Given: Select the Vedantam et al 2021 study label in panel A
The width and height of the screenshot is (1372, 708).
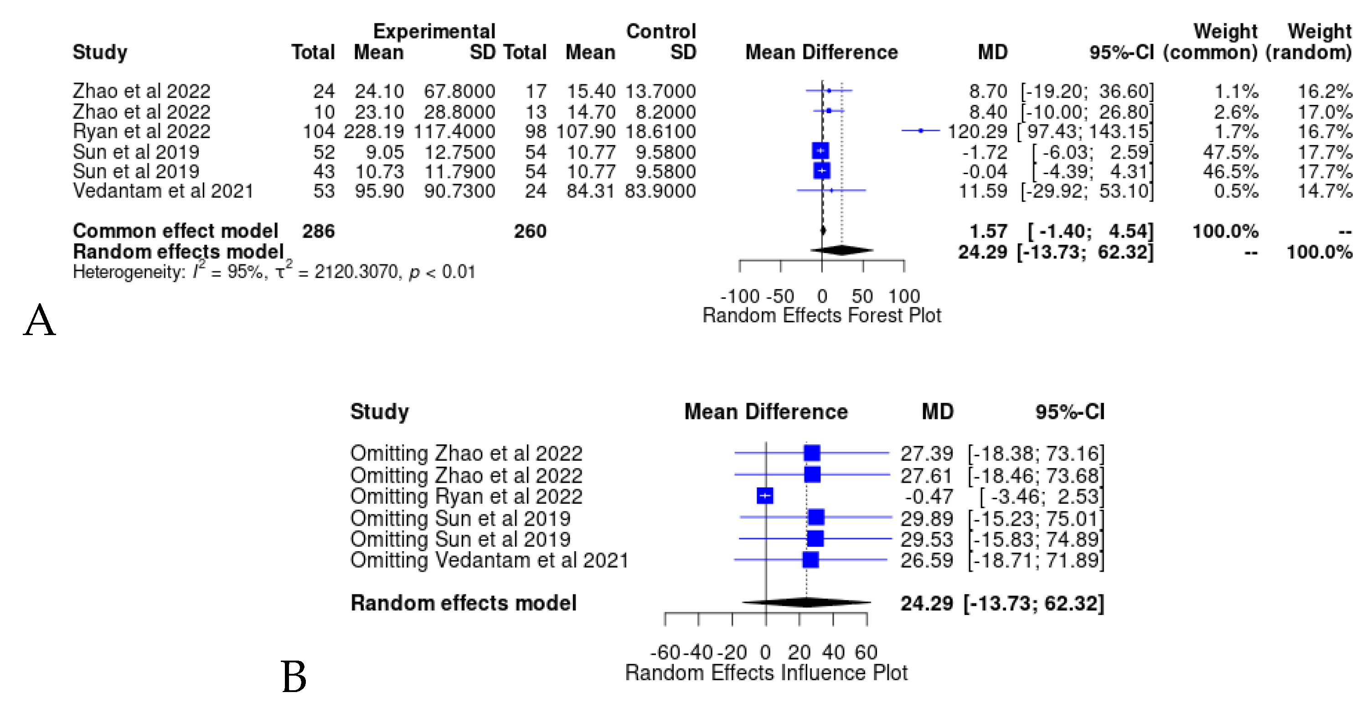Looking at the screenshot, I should click(162, 191).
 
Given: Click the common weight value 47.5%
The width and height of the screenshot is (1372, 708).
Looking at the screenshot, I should click(1230, 152).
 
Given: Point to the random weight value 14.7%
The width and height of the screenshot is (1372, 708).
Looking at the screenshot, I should click(1324, 191).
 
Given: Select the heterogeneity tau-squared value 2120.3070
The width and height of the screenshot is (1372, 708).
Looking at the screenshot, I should click(356, 272).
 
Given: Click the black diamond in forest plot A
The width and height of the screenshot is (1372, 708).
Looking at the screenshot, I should click(841, 250).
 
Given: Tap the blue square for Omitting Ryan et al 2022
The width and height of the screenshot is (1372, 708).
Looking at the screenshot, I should click(765, 496).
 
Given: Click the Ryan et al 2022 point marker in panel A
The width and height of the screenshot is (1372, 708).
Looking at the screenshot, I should click(920, 130).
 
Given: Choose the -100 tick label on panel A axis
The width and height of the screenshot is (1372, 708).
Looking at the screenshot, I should click(739, 296).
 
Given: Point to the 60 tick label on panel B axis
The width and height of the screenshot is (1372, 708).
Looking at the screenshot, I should click(866, 652).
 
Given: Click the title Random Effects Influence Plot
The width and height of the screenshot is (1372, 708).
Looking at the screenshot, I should click(766, 673).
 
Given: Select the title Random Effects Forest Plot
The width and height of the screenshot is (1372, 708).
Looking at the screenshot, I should click(821, 315).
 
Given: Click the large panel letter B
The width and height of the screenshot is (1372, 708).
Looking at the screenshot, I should click(294, 677).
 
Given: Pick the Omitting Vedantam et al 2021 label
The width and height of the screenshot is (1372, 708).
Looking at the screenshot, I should click(489, 560).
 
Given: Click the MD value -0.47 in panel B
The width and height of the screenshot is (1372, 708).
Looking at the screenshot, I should click(929, 496).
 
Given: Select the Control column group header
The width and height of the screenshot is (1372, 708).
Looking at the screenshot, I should click(660, 31).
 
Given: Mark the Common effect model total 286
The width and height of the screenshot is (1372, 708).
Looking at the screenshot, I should click(318, 231).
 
